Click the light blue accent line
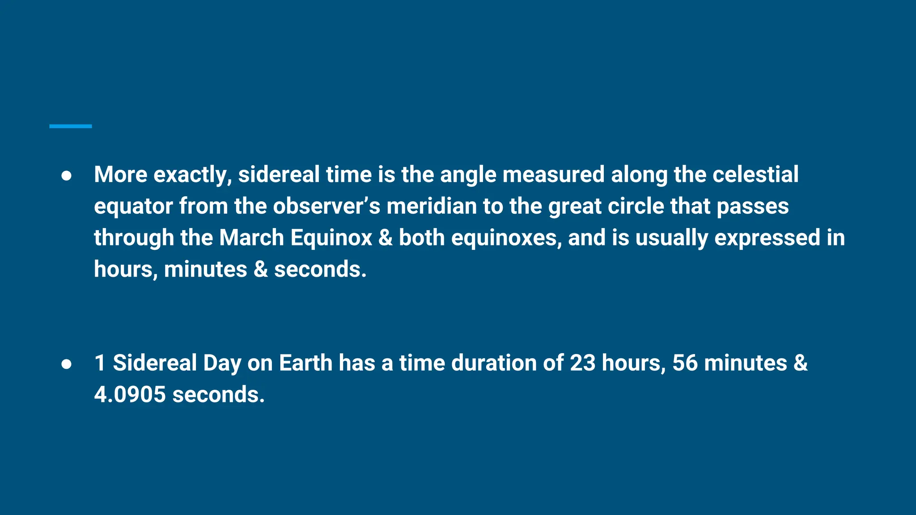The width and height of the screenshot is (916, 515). tap(70, 127)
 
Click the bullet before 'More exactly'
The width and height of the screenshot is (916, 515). tap(66, 176)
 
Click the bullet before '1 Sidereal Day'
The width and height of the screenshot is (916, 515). tap(66, 364)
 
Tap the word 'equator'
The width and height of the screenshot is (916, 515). tap(133, 207)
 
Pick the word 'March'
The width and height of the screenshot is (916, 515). tap(251, 237)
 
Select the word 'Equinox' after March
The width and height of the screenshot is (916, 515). tap(331, 238)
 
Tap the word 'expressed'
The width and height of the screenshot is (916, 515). tap(767, 238)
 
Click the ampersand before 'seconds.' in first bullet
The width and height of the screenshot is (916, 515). tap(260, 269)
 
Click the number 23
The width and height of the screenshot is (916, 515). tap(582, 363)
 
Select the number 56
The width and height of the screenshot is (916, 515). tap(684, 363)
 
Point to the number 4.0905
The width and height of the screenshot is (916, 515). tap(130, 395)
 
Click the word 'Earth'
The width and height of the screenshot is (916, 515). tap(305, 363)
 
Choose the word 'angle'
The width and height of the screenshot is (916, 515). tap(468, 175)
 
